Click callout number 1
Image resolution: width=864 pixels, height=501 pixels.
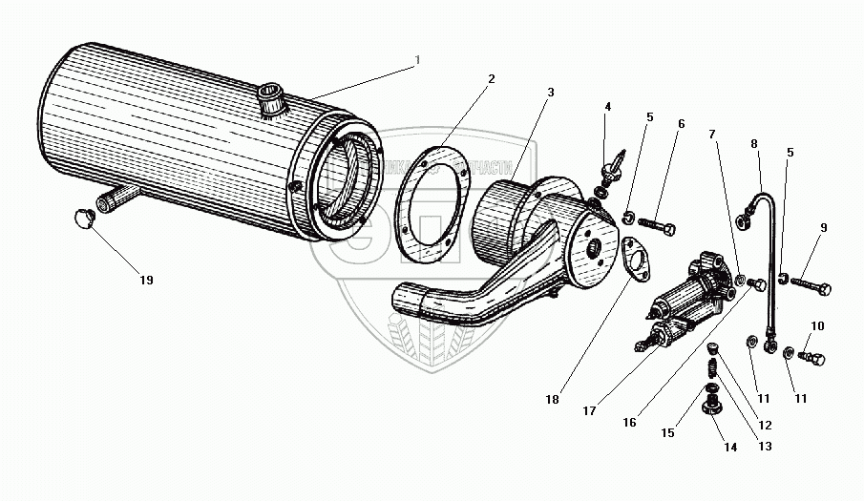(x=417, y=60)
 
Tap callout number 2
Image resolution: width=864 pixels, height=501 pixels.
(x=491, y=78)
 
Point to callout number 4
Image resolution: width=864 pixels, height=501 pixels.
(x=607, y=107)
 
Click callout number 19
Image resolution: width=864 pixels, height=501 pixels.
(x=145, y=281)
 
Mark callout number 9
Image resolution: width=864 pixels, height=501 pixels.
(x=823, y=228)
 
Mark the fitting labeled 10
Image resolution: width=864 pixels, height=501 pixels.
(x=811, y=358)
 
